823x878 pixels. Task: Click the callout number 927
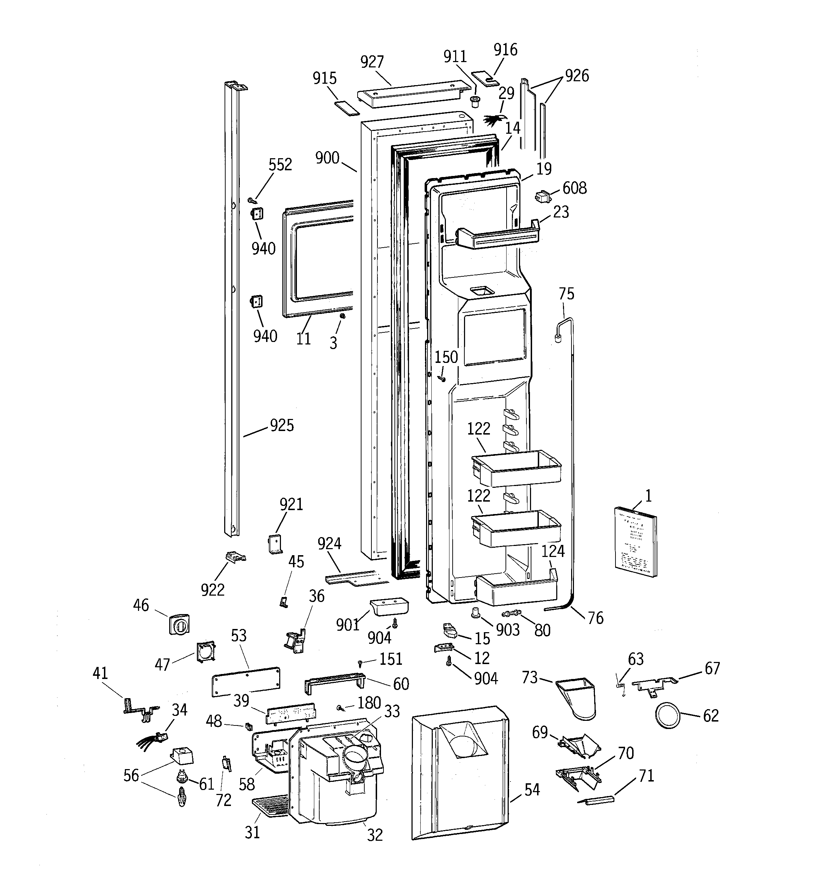pyautogui.click(x=372, y=62)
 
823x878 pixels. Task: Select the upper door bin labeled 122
pyautogui.click(x=516, y=469)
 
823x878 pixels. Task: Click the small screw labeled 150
pyautogui.click(x=441, y=378)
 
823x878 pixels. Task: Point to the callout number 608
pyautogui.click(x=574, y=188)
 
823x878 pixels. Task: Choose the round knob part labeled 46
pyautogui.click(x=179, y=624)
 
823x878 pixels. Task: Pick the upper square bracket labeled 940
pyautogui.click(x=257, y=214)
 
